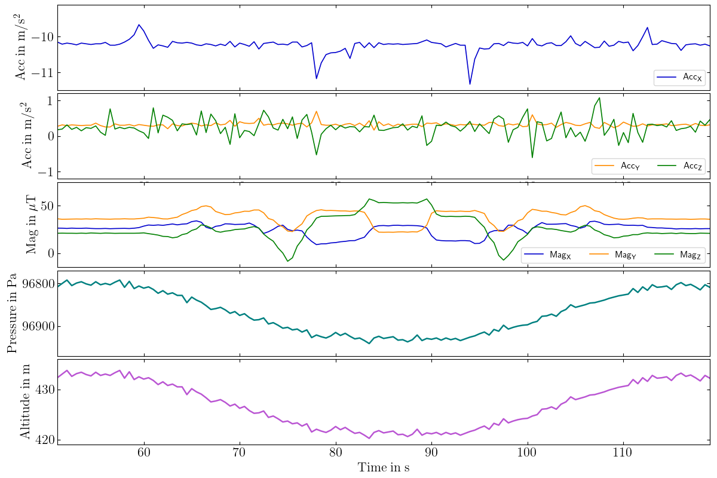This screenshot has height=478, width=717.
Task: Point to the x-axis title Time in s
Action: (x=383, y=468)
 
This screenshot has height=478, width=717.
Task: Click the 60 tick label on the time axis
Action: (x=144, y=454)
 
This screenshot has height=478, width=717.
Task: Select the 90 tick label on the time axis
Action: (x=431, y=454)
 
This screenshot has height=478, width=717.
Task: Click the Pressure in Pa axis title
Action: (x=12, y=312)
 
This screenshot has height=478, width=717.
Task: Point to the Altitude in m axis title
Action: (x=25, y=401)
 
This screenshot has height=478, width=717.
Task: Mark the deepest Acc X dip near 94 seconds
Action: (x=470, y=84)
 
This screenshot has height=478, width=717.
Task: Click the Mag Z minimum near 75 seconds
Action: (x=287, y=261)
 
